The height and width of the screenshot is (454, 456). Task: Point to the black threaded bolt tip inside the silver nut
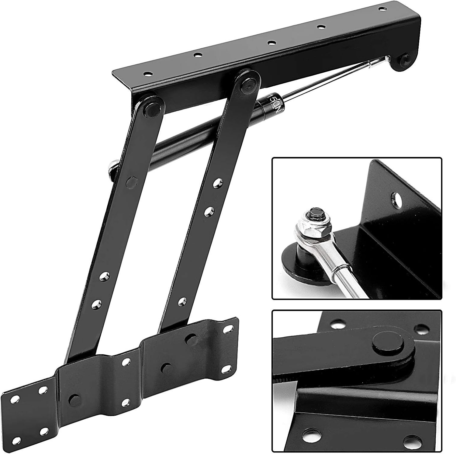pyautogui.click(x=313, y=214)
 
